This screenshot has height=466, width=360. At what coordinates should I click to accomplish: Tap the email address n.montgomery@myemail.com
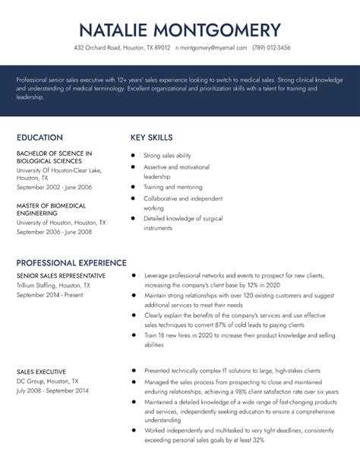pyautogui.click(x=211, y=47)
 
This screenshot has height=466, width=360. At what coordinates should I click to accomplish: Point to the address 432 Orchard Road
pyautogui.click(x=122, y=47)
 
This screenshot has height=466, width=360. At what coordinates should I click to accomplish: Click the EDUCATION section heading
pyautogui.click(x=39, y=138)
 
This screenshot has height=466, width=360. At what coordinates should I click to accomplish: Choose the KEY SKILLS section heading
pyautogui.click(x=152, y=138)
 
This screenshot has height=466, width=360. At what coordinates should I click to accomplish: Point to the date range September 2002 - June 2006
pyautogui.click(x=54, y=186)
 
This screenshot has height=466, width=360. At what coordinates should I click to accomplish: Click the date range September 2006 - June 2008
pyautogui.click(x=54, y=232)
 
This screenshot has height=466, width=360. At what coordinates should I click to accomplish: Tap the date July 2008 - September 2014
pyautogui.click(x=52, y=389)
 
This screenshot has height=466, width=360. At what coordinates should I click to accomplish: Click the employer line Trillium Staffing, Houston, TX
pyautogui.click(x=53, y=284)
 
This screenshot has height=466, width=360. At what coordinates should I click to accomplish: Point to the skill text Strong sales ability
pyautogui.click(x=167, y=155)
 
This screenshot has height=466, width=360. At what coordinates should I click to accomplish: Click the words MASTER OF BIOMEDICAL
pyautogui.click(x=50, y=204)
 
